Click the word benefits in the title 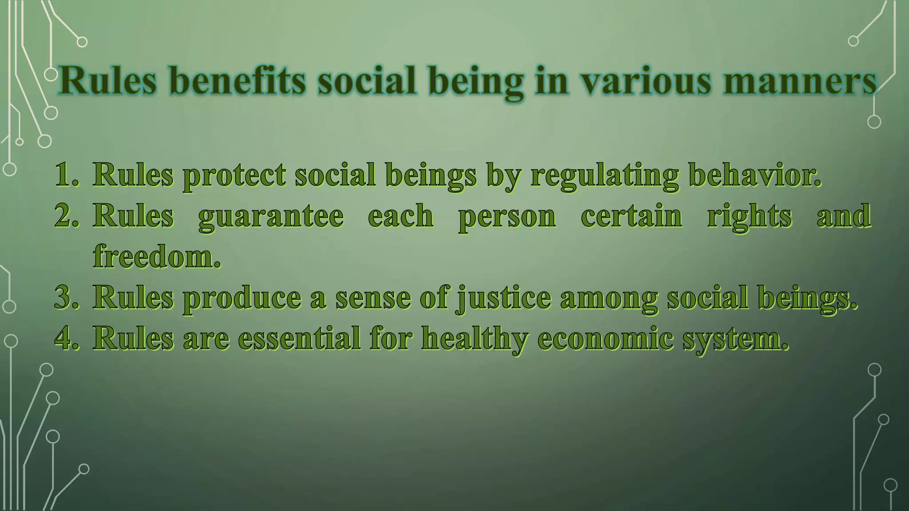[x=238, y=81]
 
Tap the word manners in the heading [x=799, y=81]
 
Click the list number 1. [x=67, y=175]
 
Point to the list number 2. [x=67, y=216]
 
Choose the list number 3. [x=67, y=297]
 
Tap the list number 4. [x=67, y=338]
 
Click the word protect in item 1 [x=234, y=176]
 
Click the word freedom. [x=157, y=257]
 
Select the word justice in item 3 [x=504, y=298]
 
